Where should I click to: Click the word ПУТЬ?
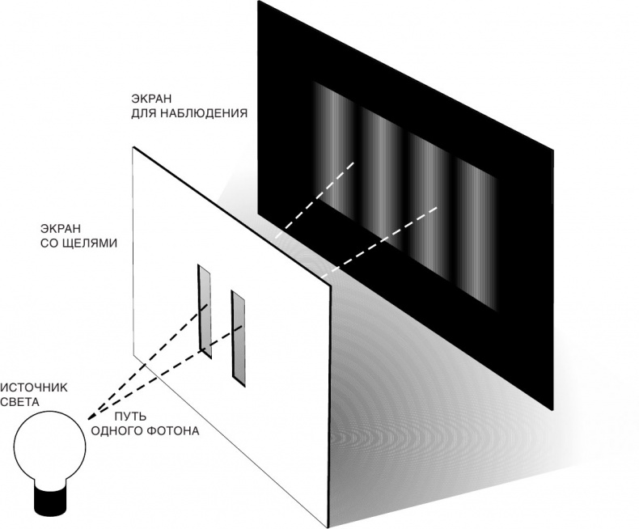130,416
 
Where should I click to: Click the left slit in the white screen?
205,311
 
